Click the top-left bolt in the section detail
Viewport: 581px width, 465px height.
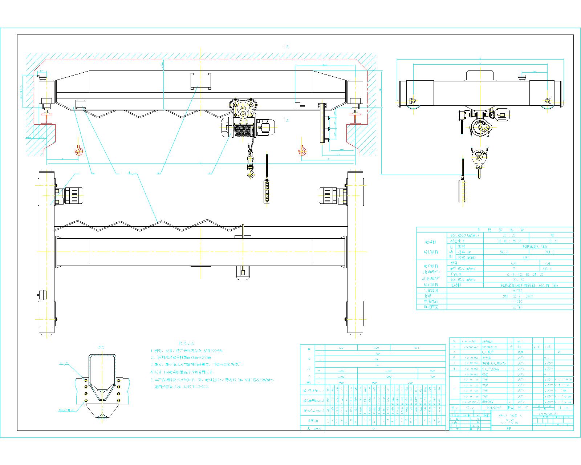tap(86, 380)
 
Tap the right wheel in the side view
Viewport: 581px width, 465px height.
tap(546, 108)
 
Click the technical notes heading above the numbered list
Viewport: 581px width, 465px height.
tap(186, 343)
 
